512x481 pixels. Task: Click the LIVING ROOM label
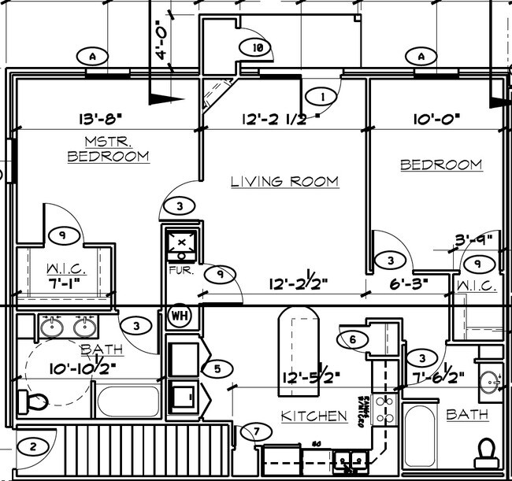[284, 182]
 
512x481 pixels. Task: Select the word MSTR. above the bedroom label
[108, 141]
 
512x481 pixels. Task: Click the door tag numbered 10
[257, 47]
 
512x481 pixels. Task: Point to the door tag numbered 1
[321, 97]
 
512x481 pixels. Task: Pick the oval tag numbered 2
[32, 448]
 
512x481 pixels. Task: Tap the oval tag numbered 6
[353, 339]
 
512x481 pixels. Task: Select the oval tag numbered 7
[256, 431]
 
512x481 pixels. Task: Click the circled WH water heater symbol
[179, 315]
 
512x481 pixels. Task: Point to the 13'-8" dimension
[100, 120]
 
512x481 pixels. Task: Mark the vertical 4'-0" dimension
[162, 41]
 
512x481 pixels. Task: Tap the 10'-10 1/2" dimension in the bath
[81, 366]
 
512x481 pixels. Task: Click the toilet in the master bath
[36, 403]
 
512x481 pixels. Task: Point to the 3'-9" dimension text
[473, 239]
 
